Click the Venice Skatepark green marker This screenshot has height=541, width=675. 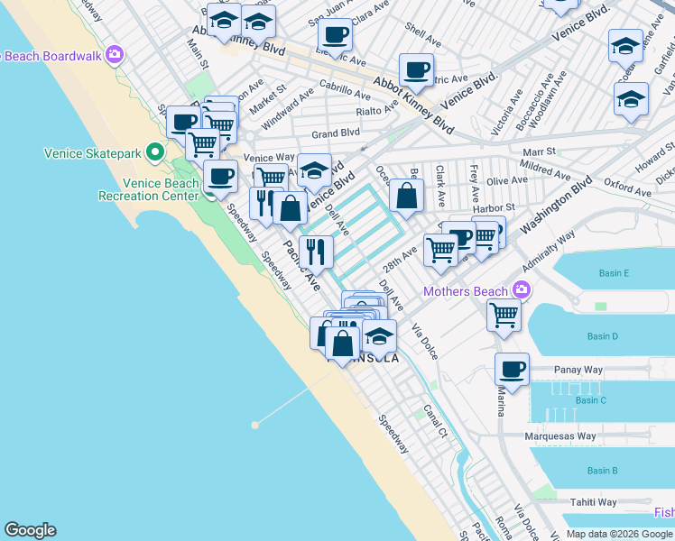(155, 153)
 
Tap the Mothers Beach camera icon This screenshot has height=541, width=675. (521, 290)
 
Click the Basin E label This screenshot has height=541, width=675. (613, 273)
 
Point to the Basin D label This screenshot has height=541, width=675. (602, 336)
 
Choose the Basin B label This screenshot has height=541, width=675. (602, 471)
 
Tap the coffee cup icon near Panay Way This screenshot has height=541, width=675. (512, 370)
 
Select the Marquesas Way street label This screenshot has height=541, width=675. (561, 436)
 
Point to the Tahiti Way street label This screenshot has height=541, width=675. (593, 502)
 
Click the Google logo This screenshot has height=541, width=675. (30, 530)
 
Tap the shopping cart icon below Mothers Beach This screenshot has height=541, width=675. (504, 316)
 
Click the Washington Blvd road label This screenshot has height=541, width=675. (568, 194)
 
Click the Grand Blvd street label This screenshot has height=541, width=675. (336, 133)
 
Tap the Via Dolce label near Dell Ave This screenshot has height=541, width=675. (425, 342)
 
